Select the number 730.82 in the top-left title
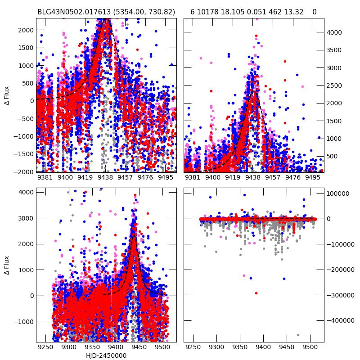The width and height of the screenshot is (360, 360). click(x=162, y=12)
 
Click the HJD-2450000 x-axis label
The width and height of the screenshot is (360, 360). click(x=106, y=355)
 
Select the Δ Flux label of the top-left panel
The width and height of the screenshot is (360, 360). click(x=7, y=95)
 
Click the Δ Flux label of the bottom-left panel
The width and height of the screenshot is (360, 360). click(x=7, y=265)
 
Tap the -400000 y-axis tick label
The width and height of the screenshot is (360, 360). click(x=340, y=321)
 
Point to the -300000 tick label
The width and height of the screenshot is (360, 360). click(x=340, y=295)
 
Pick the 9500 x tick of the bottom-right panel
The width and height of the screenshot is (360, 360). click(x=310, y=348)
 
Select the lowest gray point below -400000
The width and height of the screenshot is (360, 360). click(x=298, y=335)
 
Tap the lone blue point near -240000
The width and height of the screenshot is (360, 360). click(x=284, y=279)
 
